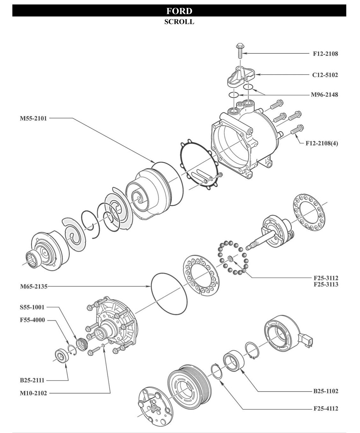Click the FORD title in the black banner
coord(179,11)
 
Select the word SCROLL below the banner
coord(179,22)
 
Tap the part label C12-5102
coord(325,75)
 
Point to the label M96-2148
coord(324,95)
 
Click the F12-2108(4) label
coord(322,143)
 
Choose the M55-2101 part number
coord(33,118)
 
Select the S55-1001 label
coord(32,308)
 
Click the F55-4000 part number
coord(32,320)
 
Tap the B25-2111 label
coord(32,380)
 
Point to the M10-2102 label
coord(33,393)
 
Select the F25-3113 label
coord(326,284)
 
